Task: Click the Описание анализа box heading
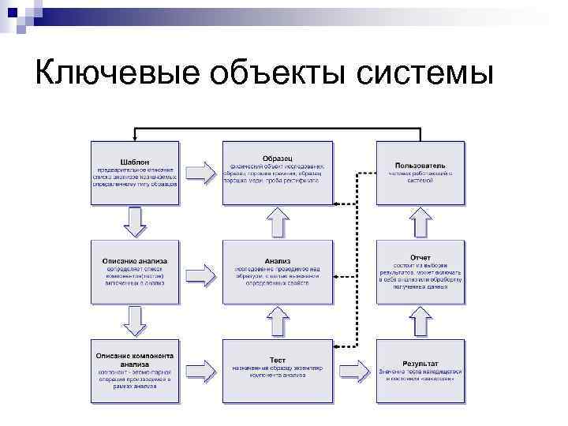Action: point(135,260)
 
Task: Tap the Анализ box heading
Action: point(277,260)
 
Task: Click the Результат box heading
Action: point(420,362)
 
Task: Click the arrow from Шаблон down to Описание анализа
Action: point(136,222)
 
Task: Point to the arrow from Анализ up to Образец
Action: point(277,222)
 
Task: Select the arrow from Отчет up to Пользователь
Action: point(420,222)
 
